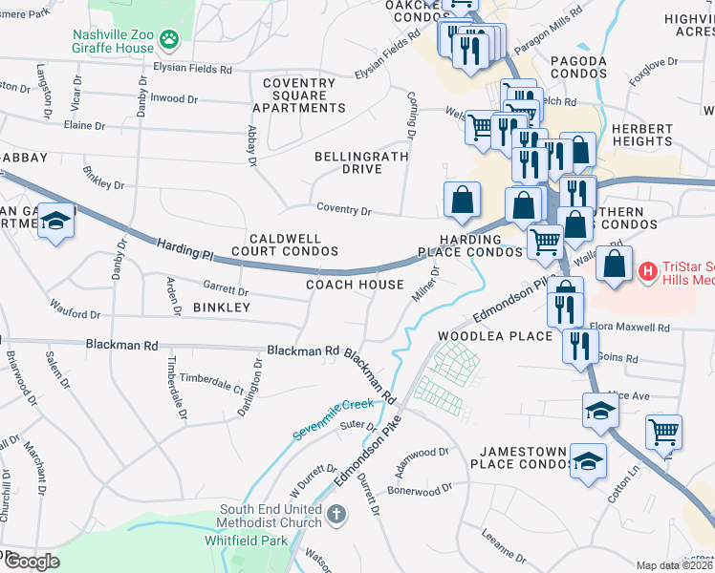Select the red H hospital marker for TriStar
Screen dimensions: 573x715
648,272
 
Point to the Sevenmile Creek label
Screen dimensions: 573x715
334,418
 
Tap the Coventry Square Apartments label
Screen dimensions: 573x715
298,95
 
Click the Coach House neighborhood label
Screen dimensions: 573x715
355,285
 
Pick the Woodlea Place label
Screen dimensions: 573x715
495,336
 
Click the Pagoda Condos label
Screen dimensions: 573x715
578,68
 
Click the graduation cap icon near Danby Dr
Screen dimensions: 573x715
56,223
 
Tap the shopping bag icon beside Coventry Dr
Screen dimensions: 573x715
462,201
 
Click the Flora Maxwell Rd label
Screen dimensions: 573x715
629,328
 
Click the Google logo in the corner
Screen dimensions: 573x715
32,561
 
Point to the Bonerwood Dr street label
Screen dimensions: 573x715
420,489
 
